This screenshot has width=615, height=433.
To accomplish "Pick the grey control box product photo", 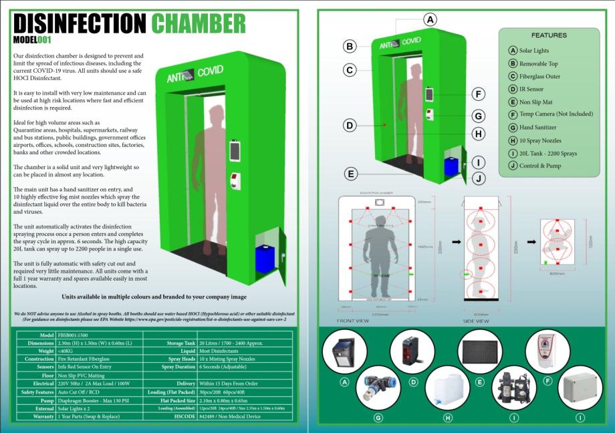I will [x=580, y=388].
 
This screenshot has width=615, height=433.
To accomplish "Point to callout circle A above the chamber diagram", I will [x=431, y=19].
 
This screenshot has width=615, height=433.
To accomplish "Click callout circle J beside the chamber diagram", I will [x=479, y=178].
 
